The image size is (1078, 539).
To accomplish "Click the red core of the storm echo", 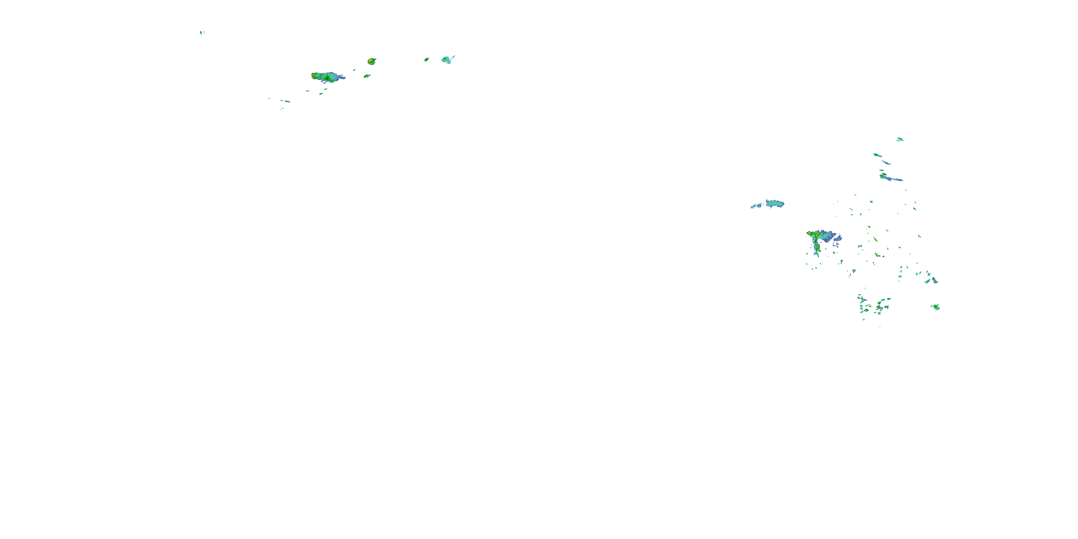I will coord(313,75).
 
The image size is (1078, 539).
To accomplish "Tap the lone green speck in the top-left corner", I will coord(201,32).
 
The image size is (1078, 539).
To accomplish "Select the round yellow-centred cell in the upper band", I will coord(371,61).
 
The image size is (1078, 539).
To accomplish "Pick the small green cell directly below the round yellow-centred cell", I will coord(367,76).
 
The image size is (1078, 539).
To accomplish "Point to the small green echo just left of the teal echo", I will coord(427,59).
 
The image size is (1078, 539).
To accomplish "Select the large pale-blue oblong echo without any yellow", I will coord(775,204).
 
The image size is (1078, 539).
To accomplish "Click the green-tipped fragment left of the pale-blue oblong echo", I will coord(756,206).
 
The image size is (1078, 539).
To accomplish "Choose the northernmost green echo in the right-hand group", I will coord(900,139).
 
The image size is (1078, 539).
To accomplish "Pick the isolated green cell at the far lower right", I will coord(936,307).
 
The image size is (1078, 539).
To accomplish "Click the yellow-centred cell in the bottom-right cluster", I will coord(880,308).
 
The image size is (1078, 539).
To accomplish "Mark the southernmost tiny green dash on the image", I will coord(880,326).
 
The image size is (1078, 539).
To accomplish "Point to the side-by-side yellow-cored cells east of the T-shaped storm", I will coord(877,255).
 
